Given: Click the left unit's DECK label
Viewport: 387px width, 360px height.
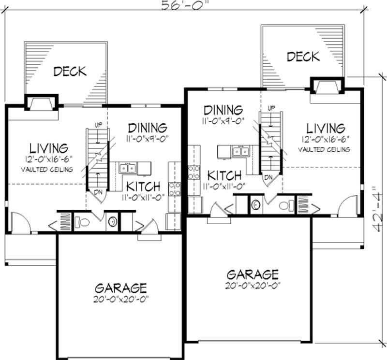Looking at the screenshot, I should [70, 72].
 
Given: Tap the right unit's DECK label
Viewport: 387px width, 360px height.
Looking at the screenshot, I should [303, 57].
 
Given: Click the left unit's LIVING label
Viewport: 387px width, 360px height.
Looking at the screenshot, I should [48, 147].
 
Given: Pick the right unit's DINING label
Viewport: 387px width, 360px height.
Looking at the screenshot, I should [223, 110].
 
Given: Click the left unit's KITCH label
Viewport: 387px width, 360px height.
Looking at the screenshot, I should [143, 186].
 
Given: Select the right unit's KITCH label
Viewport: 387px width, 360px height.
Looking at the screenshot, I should [224, 174].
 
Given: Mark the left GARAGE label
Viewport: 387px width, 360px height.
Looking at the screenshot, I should [120, 288].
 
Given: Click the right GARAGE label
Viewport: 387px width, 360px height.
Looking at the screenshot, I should [253, 274].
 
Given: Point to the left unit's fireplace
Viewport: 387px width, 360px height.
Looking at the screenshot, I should [41, 103].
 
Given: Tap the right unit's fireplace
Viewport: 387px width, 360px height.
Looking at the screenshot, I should [327, 86].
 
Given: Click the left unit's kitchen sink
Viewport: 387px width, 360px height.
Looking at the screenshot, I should [128, 168].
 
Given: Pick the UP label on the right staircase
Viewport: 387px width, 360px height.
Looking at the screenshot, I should [271, 107].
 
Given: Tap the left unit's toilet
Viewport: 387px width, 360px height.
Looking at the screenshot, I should [84, 222].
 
